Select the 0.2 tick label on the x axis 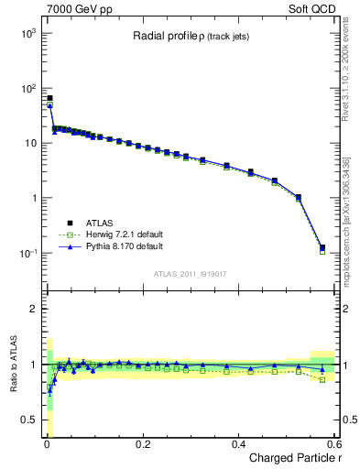pyautogui.click(x=142, y=444)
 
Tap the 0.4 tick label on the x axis pyautogui.click(x=238, y=444)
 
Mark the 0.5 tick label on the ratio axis pyautogui.click(x=27, y=420)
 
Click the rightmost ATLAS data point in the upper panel pyautogui.click(x=322, y=247)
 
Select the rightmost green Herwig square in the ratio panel pyautogui.click(x=322, y=379)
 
